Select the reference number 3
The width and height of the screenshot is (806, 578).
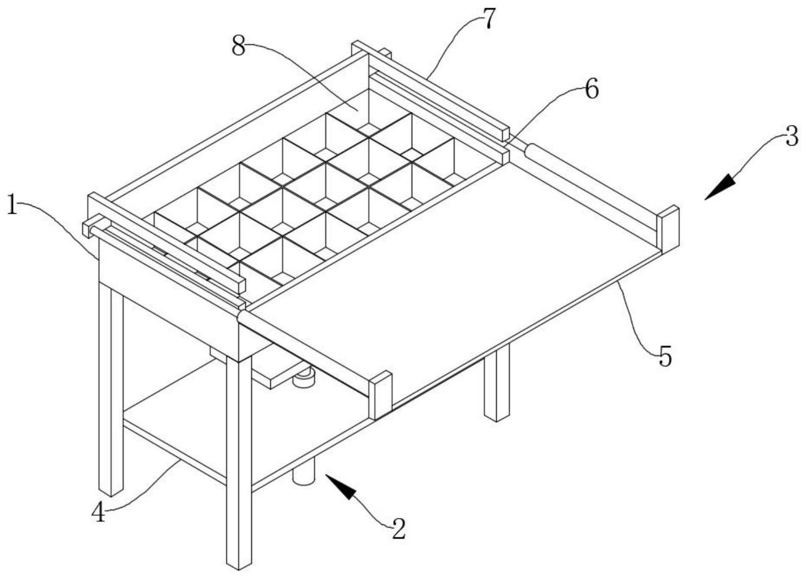[x=791, y=137]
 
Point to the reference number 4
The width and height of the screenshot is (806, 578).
[x=98, y=511]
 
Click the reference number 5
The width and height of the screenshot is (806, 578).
[x=665, y=358]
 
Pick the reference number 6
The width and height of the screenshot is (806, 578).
[x=591, y=89]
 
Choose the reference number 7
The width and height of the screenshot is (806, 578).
[x=489, y=19]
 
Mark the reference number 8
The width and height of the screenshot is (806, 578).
[x=239, y=47]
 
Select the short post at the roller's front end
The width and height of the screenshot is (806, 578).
[x=380, y=395]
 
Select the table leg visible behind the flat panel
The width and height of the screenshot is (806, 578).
[x=497, y=384]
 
